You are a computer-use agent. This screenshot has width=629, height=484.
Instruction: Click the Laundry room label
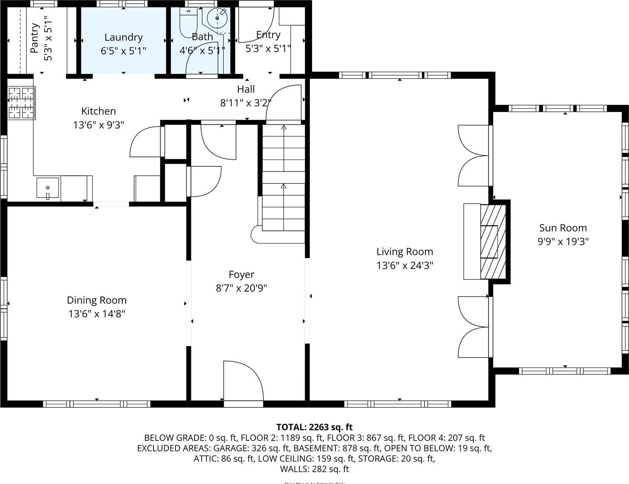pyautogui.click(x=123, y=37)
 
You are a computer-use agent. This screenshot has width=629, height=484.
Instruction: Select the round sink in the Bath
pyautogui.click(x=217, y=18)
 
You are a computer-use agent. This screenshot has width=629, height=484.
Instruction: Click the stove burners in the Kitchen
pyautogui.click(x=21, y=103)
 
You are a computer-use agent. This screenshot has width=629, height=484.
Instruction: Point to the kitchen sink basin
pyautogui.click(x=48, y=188)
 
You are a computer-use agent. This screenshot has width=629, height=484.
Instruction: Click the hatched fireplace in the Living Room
pyautogui.click(x=493, y=242)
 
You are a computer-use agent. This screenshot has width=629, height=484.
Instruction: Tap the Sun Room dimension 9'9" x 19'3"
pyautogui.click(x=563, y=242)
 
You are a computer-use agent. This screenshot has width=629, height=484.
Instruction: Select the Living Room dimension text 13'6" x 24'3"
pyautogui.click(x=405, y=266)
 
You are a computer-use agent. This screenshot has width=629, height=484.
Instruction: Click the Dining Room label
pyautogui.click(x=97, y=300)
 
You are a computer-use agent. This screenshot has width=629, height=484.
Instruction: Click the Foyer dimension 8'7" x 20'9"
pyautogui.click(x=241, y=288)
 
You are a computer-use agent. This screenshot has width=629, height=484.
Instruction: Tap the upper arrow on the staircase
pyautogui.click(x=284, y=127)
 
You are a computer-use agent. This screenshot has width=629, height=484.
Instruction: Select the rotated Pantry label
pyautogui.click(x=35, y=38)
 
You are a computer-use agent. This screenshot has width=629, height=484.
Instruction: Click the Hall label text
pyautogui.click(x=246, y=89)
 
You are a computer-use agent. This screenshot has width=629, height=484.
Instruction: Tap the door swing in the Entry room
pyautogui.click(x=255, y=25)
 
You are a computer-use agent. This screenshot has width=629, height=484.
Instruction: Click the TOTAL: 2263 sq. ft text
pyautogui.click(x=314, y=427)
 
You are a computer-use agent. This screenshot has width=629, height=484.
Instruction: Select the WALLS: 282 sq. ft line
pyautogui.click(x=314, y=469)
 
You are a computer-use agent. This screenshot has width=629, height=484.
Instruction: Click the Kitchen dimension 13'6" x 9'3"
pyautogui.click(x=98, y=125)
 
